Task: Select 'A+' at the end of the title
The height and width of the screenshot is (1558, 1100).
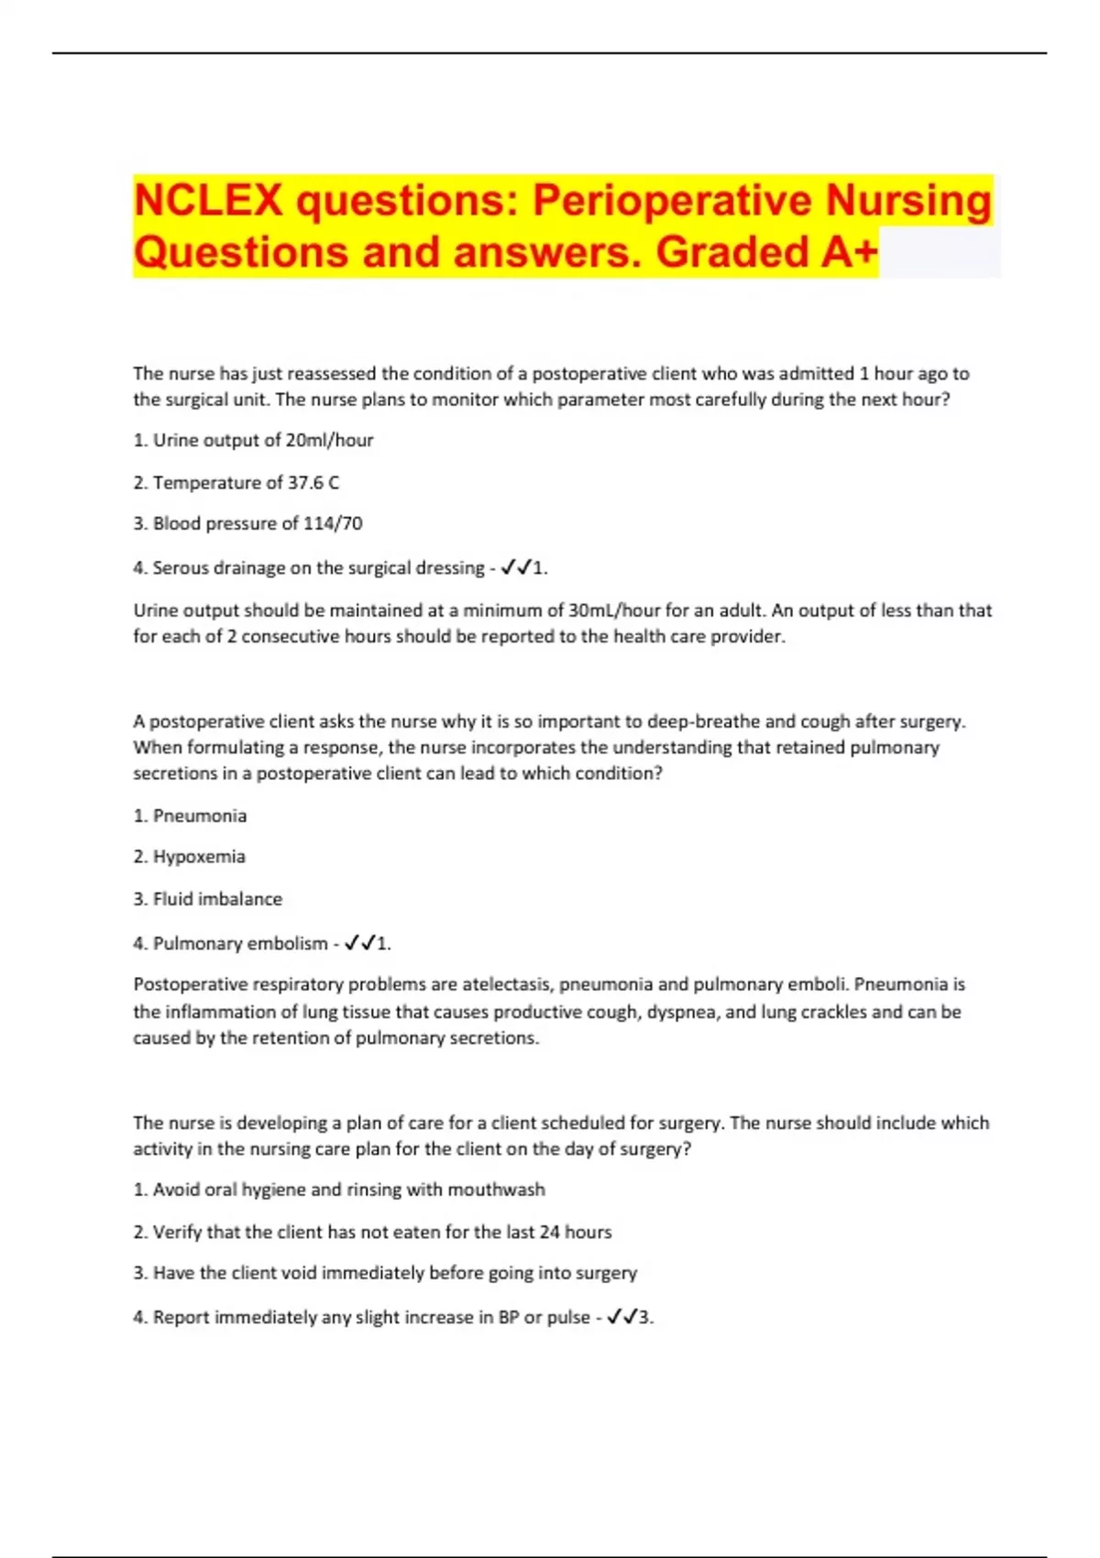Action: [x=849, y=252]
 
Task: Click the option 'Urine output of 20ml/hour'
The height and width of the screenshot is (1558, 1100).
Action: [x=262, y=440]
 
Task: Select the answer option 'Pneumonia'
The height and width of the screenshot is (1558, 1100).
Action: [x=199, y=816]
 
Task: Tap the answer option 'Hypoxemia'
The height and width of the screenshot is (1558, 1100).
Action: [x=199, y=857]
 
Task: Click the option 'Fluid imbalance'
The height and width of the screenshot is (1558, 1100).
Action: [x=217, y=899]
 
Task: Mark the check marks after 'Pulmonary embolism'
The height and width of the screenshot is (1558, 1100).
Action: [x=359, y=943]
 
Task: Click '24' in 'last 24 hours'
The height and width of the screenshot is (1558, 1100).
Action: [x=549, y=1232]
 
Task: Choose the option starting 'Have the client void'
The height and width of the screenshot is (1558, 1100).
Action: [x=394, y=1273]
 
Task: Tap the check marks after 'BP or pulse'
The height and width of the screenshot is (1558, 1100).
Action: [x=622, y=1317]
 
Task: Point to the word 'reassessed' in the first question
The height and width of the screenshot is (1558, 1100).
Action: [x=332, y=374]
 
